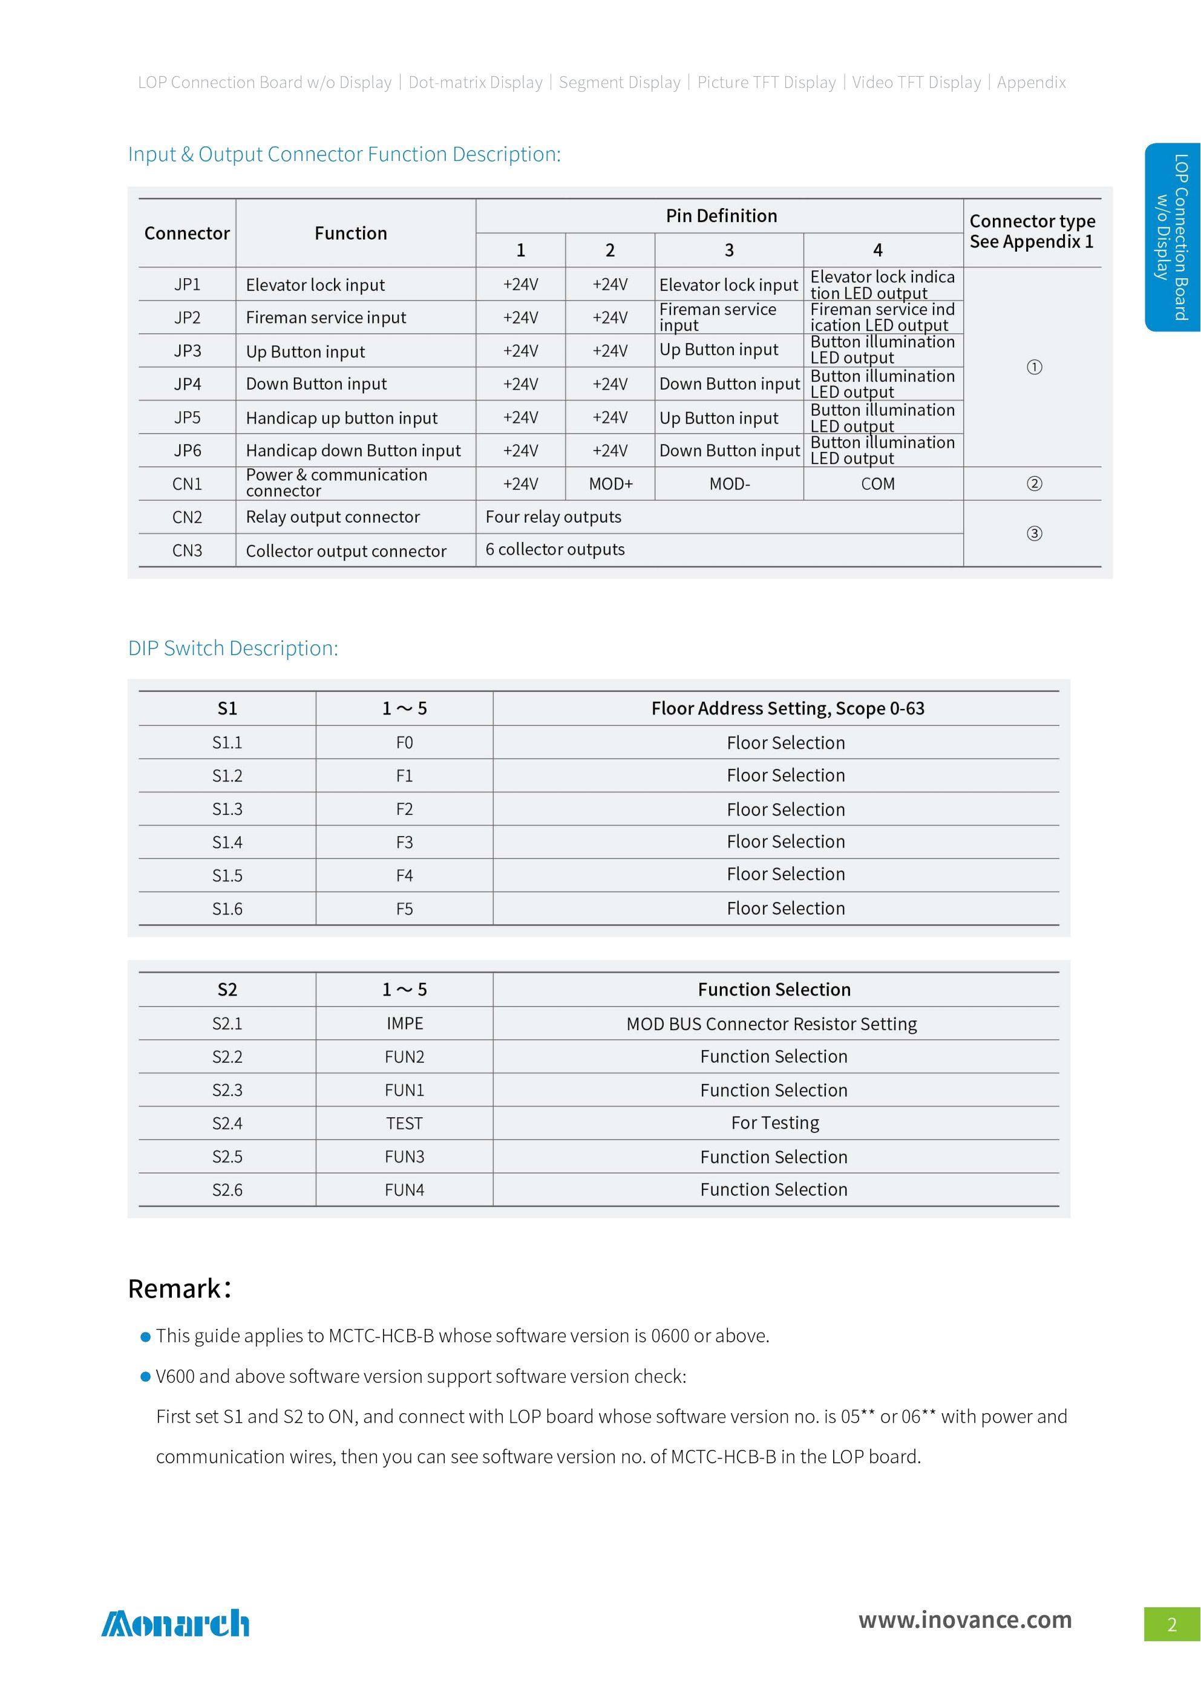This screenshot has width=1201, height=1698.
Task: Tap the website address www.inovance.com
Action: [x=964, y=1619]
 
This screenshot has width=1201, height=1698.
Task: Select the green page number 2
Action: [x=1171, y=1624]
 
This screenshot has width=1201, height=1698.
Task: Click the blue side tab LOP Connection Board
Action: [x=1173, y=237]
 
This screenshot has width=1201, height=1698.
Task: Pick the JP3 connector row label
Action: [x=187, y=350]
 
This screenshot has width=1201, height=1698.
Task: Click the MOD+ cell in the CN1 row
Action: [x=610, y=484]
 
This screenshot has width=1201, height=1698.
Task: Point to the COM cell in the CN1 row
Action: [x=877, y=484]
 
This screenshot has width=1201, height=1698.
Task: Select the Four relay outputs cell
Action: [x=553, y=517]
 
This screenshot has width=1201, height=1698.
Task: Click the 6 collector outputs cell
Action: [x=555, y=549]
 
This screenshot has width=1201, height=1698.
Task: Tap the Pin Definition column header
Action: [x=721, y=216]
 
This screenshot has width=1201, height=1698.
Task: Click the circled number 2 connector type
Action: [x=1034, y=484]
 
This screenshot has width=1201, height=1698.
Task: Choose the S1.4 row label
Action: [x=227, y=842]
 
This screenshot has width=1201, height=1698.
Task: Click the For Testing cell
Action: [x=775, y=1123]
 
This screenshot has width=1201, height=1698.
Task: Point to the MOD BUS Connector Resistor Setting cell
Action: [x=771, y=1024]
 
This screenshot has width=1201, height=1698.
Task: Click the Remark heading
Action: [x=180, y=1288]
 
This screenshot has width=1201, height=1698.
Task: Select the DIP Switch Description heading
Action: [x=233, y=648]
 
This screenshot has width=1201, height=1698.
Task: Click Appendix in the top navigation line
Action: [x=1031, y=82]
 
